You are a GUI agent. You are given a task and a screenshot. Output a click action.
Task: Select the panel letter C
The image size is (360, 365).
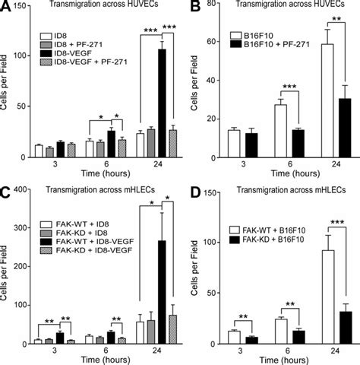6,191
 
